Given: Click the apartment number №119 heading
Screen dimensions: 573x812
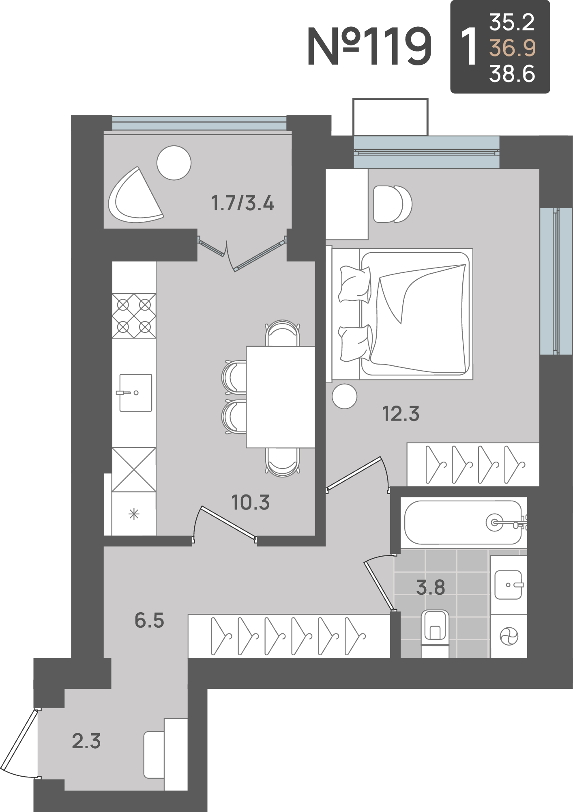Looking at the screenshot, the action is pyautogui.click(x=369, y=47).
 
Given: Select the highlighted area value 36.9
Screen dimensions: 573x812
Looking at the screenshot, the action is pyautogui.click(x=513, y=48).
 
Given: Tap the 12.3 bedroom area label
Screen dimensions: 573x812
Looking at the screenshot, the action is pyautogui.click(x=401, y=414).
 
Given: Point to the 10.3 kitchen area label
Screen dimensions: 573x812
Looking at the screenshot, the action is pyautogui.click(x=250, y=502).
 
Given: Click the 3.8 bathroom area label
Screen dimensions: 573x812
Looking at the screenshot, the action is pyautogui.click(x=431, y=587).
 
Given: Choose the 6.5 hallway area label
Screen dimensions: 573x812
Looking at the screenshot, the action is pyautogui.click(x=149, y=621).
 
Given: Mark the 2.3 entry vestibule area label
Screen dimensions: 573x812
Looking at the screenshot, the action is pyautogui.click(x=86, y=741).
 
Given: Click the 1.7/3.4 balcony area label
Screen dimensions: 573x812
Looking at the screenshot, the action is pyautogui.click(x=243, y=203).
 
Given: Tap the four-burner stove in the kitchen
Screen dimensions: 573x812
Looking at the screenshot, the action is pyautogui.click(x=134, y=316).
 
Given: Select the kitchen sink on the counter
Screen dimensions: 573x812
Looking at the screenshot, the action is pyautogui.click(x=135, y=393).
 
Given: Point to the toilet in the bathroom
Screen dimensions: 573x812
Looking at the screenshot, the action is pyautogui.click(x=435, y=633).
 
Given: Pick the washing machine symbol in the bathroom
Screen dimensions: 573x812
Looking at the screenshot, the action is pyautogui.click(x=509, y=636).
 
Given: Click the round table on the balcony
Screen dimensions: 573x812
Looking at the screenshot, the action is pyautogui.click(x=174, y=163).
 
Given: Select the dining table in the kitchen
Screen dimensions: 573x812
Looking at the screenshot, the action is pyautogui.click(x=281, y=397).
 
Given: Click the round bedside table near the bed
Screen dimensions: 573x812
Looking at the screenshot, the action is pyautogui.click(x=345, y=396).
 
